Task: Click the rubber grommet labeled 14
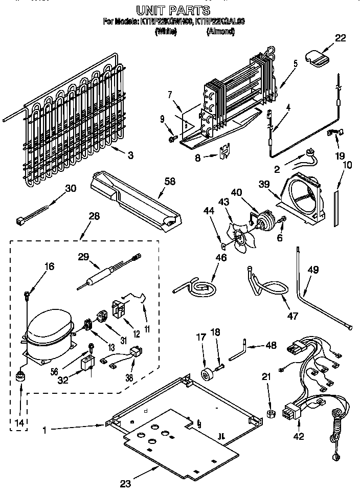click(20, 379)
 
